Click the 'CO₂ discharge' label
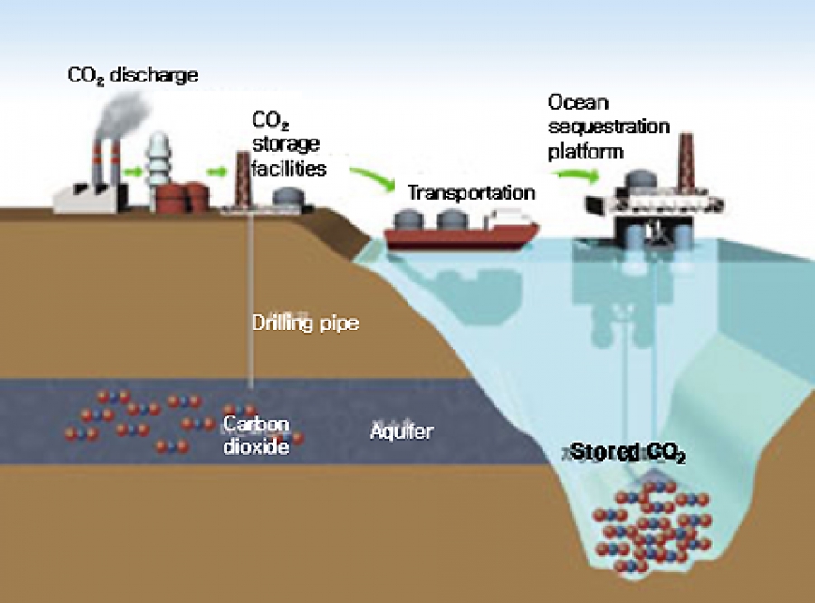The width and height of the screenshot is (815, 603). (132, 75)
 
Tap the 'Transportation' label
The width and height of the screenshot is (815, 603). (471, 193)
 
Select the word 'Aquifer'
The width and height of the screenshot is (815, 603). (401, 432)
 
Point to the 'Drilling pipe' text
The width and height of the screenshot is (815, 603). (304, 322)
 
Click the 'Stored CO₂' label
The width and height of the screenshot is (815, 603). (628, 454)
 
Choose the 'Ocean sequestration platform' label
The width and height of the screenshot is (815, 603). (608, 127)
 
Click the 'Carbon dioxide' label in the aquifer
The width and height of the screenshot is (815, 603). (256, 435)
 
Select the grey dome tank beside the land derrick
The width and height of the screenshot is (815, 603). (287, 196)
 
